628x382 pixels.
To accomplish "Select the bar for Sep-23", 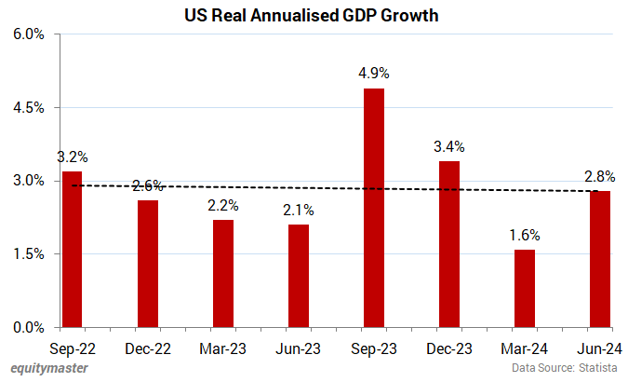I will click(374, 208).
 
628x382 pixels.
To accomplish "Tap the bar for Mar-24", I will click(525, 288).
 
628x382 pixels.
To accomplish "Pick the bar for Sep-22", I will click(72, 249).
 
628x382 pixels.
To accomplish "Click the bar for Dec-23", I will click(449, 244).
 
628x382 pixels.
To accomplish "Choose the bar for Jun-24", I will click(600, 259).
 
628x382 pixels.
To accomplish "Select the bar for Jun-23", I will click(299, 276).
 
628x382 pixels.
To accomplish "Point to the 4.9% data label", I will click(374, 73).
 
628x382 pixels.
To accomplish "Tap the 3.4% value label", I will click(449, 146).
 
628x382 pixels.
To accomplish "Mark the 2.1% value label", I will click(299, 210).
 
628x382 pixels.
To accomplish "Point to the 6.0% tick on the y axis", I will click(28, 35).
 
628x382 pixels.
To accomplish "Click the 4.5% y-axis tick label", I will click(28, 108).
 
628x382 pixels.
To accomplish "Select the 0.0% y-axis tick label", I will click(28, 327).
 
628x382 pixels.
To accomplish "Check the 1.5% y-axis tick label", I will click(28, 254).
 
